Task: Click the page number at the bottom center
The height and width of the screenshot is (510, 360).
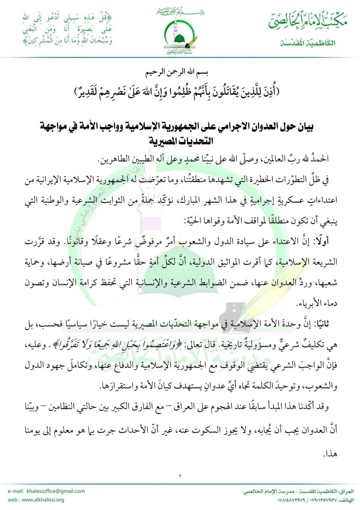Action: tap(180, 475)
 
